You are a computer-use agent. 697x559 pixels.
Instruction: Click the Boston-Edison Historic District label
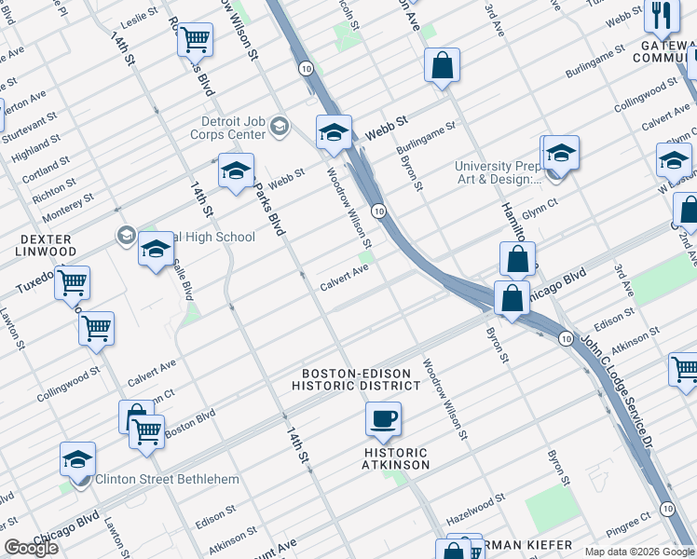pos(356,379)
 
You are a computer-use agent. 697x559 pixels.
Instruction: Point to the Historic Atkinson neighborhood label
pos(396,457)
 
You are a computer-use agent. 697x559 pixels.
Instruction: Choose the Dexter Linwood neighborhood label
pos(47,245)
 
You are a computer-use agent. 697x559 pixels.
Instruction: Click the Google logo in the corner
pos(32,548)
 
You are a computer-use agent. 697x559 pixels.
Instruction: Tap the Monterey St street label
pos(67,207)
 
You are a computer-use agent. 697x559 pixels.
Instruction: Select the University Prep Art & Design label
pos(498,173)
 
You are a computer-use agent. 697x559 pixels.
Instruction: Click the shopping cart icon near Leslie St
pos(196,39)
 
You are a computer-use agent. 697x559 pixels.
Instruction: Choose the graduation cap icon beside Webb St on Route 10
pos(333,131)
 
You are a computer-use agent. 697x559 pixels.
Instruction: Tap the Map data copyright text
pos(639,551)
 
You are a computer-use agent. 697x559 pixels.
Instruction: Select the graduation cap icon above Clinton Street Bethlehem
pos(77,458)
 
